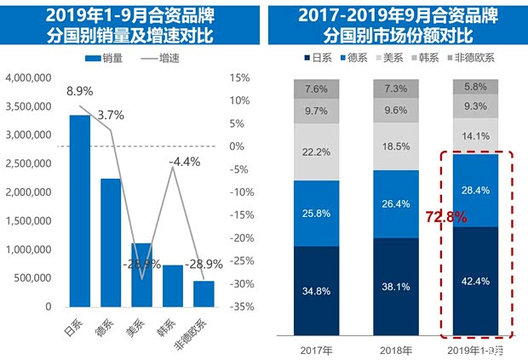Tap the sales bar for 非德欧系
pyautogui.click(x=204, y=294)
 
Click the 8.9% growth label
pyautogui.click(x=79, y=90)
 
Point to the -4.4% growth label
pyautogui.click(x=184, y=161)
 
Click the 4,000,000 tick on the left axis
pyautogui.click(x=32, y=77)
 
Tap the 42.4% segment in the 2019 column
pyautogui.click(x=475, y=282)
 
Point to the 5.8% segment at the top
pyautogui.click(x=475, y=87)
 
